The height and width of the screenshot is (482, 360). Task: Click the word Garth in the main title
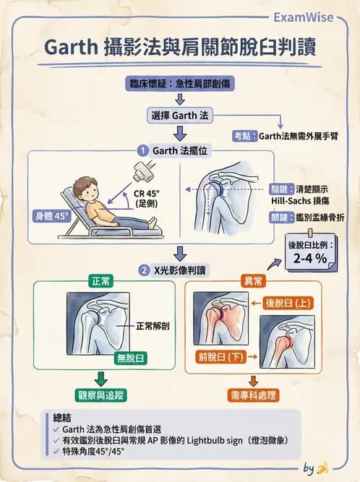[x=69, y=46]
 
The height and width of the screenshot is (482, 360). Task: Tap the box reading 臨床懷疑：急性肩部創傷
[x=180, y=83]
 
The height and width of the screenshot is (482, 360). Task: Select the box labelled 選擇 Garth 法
[x=180, y=116]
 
